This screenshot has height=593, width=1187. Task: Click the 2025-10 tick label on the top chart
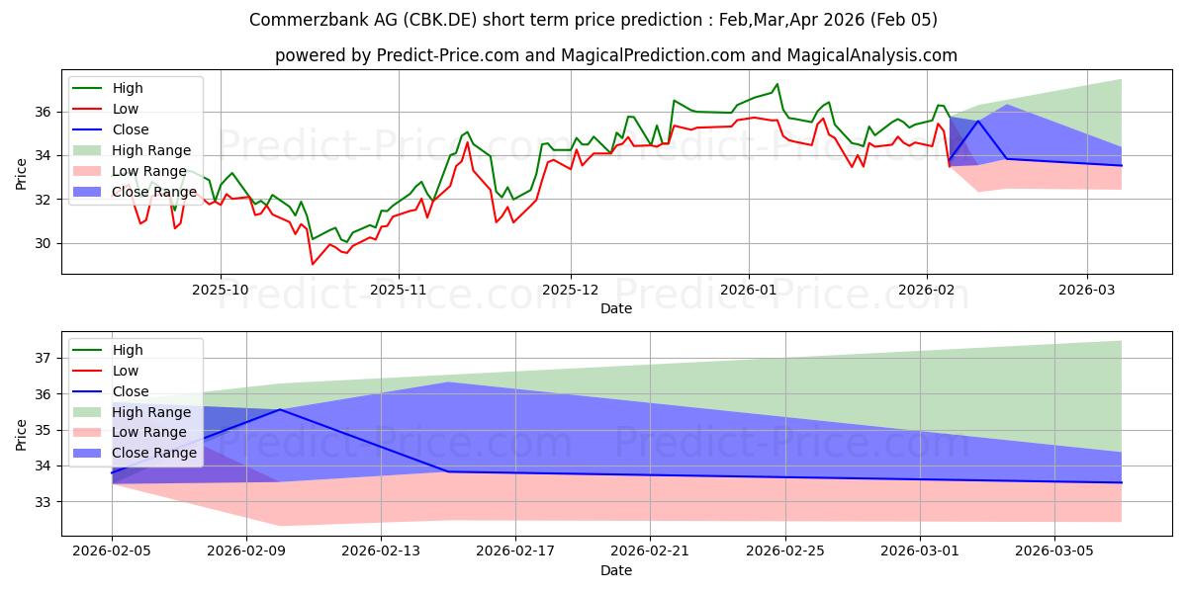tap(220, 292)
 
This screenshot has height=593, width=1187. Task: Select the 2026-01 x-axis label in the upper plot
tap(748, 292)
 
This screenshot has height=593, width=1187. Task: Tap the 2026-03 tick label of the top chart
tap(1087, 292)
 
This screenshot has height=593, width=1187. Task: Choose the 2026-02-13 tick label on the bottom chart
tap(381, 551)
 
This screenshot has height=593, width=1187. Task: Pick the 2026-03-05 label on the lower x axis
tap(1054, 551)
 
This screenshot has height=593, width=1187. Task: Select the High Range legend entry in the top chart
tap(147, 150)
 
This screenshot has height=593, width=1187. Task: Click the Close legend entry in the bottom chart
tap(131, 391)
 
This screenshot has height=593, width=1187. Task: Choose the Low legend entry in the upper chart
tap(126, 109)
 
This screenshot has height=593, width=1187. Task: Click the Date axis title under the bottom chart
tap(616, 570)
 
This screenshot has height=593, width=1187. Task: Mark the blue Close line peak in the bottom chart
tap(280, 409)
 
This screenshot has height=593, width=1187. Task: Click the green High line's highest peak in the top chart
tap(777, 84)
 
